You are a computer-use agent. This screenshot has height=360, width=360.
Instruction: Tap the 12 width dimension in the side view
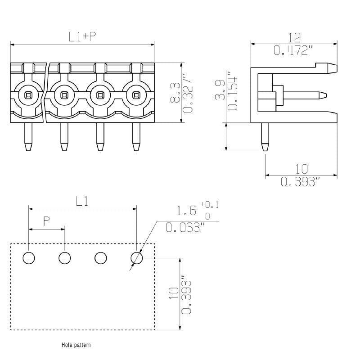click(294, 37)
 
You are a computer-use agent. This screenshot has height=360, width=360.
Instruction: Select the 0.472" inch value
click(293, 50)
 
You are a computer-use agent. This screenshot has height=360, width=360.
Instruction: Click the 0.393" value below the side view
click(301, 182)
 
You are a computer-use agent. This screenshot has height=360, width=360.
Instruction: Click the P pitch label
click(46, 220)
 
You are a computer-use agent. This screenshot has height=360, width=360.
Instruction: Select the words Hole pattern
click(76, 345)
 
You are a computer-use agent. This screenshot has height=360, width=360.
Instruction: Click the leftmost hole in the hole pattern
click(28, 258)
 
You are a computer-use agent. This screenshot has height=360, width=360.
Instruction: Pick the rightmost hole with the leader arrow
click(136, 258)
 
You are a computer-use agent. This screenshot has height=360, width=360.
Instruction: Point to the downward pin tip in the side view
click(265, 147)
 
